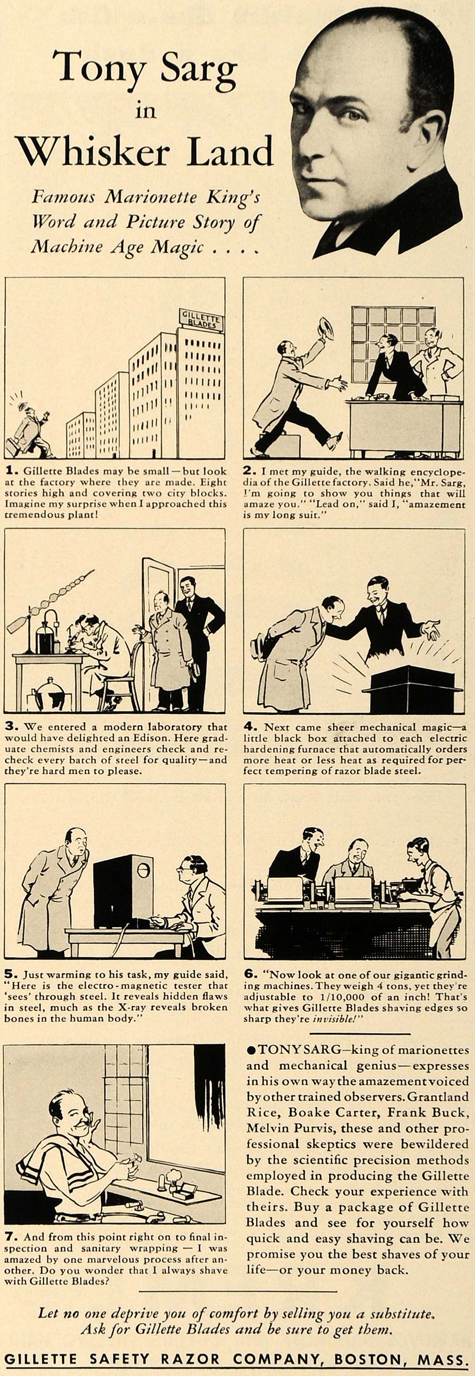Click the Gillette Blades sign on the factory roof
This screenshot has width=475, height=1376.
click(x=201, y=320)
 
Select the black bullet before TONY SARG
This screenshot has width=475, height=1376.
click(x=251, y=1050)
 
